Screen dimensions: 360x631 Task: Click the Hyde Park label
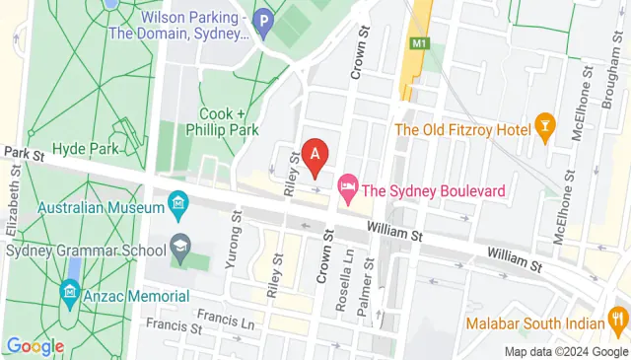90,149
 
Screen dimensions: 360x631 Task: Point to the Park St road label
26,154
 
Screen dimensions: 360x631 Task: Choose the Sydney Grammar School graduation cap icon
179,244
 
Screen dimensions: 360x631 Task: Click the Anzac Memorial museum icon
69,293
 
